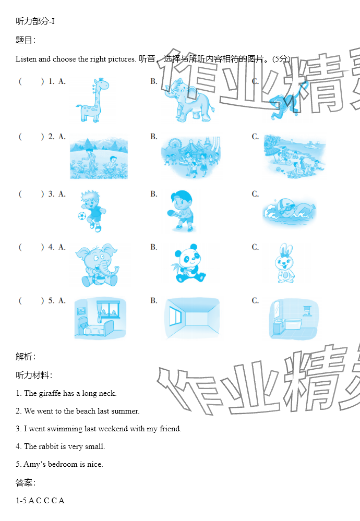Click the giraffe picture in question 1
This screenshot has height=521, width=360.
point(92,100)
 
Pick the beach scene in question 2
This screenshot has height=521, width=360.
point(294,155)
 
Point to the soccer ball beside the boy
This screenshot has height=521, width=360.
point(82,216)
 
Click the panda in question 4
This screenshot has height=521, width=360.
point(188,263)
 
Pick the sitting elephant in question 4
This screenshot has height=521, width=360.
point(97,265)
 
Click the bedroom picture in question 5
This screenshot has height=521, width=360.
point(100,318)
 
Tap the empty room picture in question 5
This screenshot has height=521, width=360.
point(192,318)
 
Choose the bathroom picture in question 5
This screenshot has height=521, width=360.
point(293,319)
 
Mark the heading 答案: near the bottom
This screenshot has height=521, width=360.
point(26,482)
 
